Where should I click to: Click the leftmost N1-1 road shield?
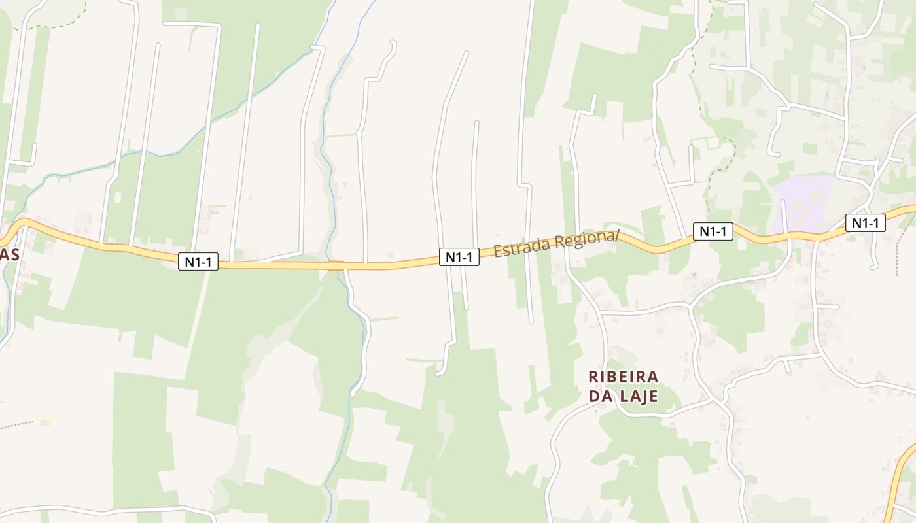[198, 261]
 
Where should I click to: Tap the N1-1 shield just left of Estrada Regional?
[459, 257]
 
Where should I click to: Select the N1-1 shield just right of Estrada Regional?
[713, 231]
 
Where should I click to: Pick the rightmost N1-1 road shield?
[865, 223]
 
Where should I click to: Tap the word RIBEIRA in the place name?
[624, 377]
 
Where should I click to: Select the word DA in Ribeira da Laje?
[599, 396]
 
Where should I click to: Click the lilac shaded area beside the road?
[801, 204]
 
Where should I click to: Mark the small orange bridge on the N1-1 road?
[336, 265]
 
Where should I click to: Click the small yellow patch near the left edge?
[44, 418]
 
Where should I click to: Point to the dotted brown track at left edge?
[16, 426]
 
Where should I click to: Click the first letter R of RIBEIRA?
[593, 377]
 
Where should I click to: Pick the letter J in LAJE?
[641, 397]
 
